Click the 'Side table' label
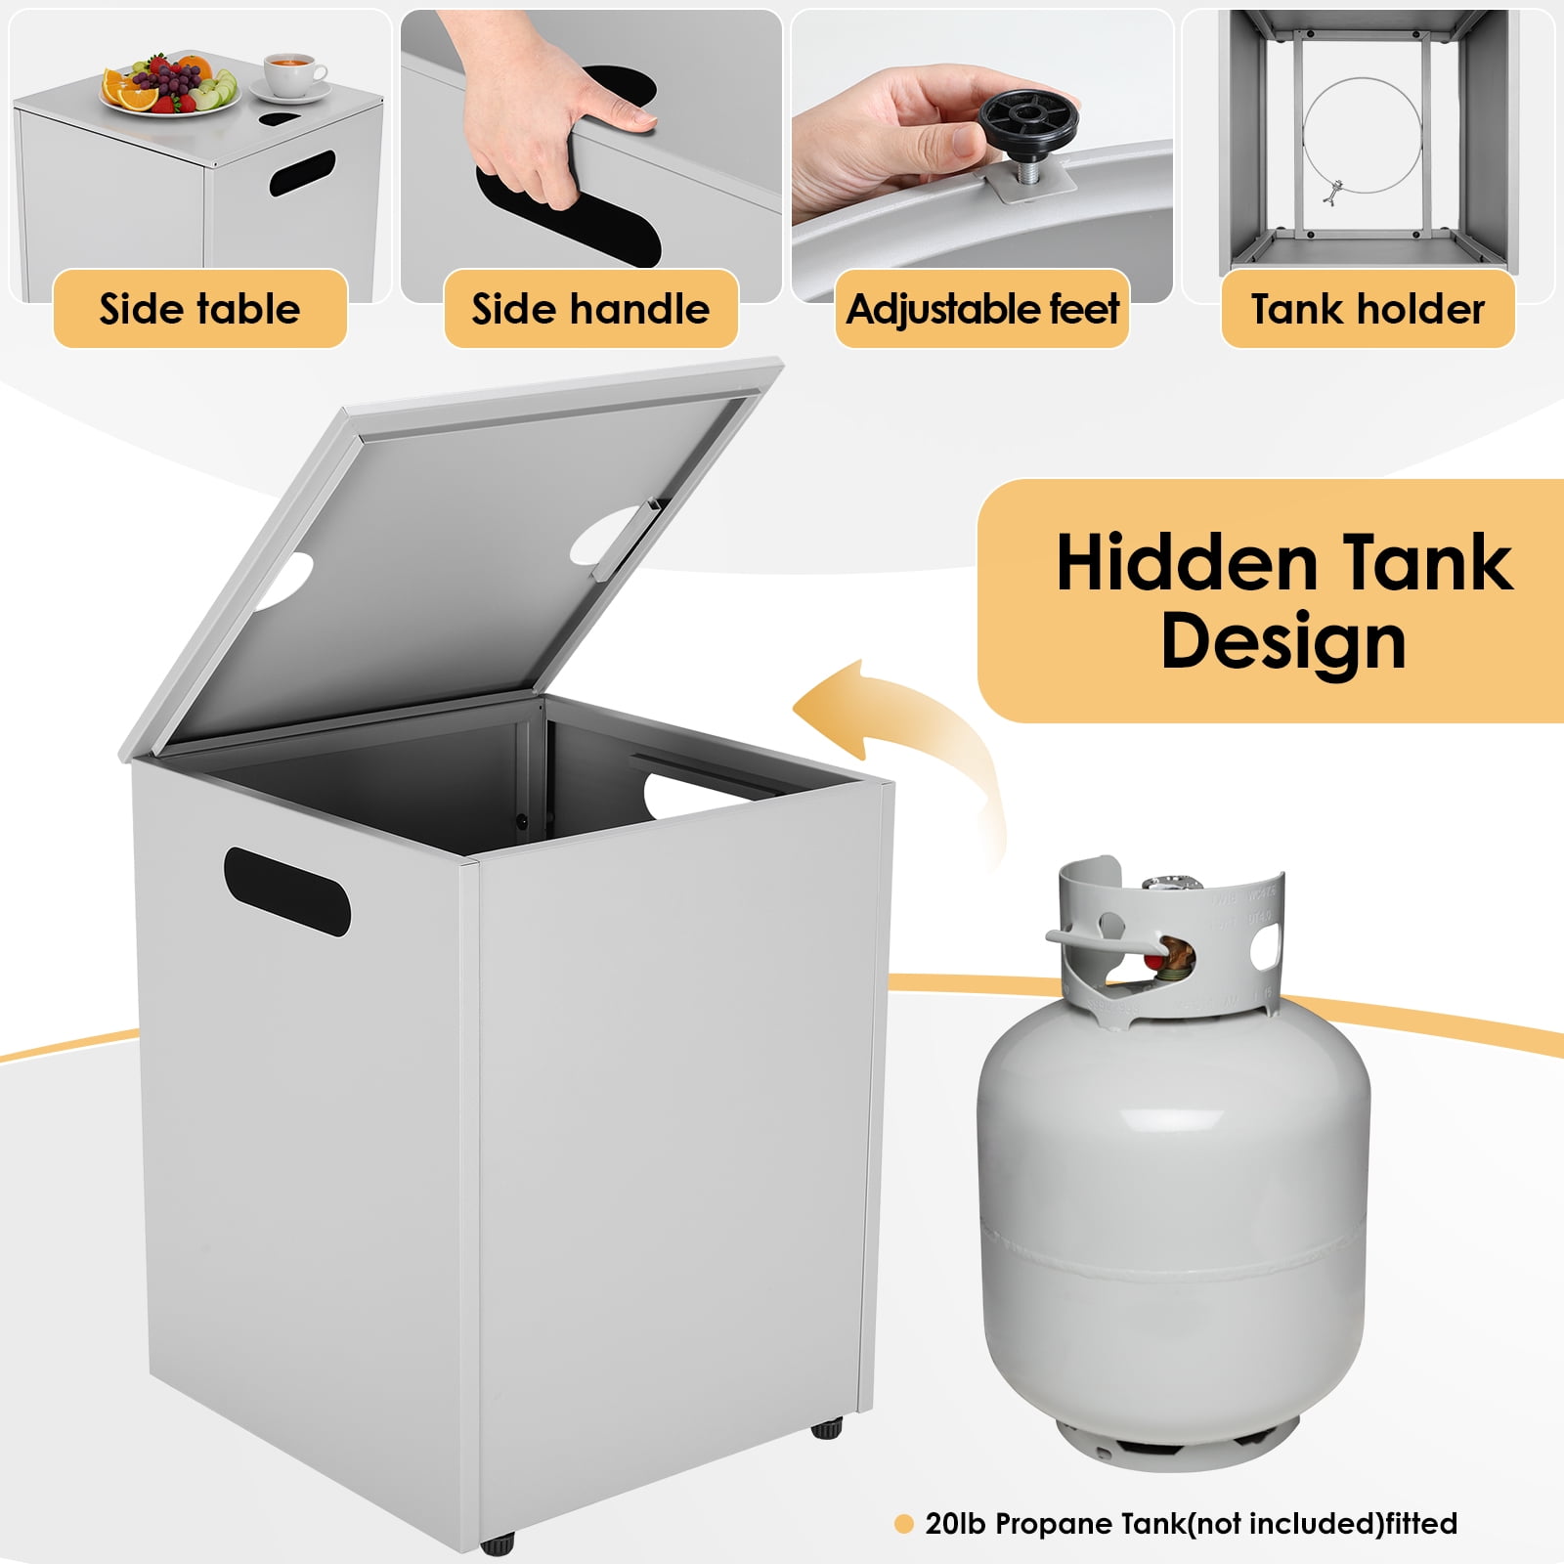click(x=199, y=309)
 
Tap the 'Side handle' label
click(x=590, y=309)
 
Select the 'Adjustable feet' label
click(x=982, y=309)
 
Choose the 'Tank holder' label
click(x=1368, y=309)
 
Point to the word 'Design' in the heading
click(x=1283, y=642)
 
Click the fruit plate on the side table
click(x=170, y=85)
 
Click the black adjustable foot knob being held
click(x=1027, y=121)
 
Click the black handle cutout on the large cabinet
click(x=286, y=891)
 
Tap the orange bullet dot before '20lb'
click(x=904, y=1523)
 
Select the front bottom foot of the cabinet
click(x=497, y=1544)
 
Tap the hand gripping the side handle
click(x=547, y=108)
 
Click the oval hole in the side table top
click(x=281, y=119)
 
